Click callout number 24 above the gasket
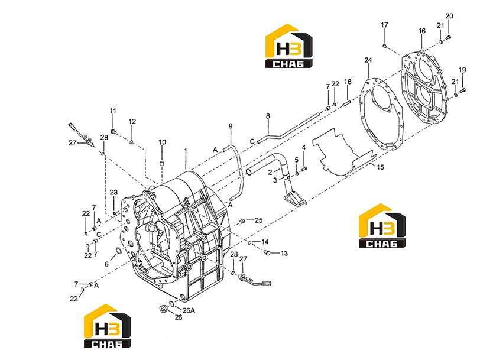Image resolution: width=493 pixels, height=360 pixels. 368,60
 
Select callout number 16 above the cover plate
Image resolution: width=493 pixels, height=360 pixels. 422,31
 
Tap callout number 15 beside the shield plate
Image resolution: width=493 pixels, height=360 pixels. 381,167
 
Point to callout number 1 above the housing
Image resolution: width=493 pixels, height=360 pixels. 186,151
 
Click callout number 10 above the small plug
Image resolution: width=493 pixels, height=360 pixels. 162,142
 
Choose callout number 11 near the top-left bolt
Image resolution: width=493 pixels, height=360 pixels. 113,111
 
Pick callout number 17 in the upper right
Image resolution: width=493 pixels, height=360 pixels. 384,25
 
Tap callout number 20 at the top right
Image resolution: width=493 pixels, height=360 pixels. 449,16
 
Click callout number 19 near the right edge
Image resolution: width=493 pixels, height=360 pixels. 462,70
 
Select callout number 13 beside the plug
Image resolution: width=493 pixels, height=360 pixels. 284,253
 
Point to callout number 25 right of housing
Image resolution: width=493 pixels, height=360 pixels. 258,220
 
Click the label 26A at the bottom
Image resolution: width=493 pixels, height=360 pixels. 189,310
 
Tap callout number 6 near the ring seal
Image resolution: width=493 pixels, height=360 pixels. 106,264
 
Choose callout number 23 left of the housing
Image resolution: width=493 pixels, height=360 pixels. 113,193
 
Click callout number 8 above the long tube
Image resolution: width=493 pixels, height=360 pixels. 268,116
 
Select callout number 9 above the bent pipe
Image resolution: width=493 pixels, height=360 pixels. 231,126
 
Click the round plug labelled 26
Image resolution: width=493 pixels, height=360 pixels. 163,309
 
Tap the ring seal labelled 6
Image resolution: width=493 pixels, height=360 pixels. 119,251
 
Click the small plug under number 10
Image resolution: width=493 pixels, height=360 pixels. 162,164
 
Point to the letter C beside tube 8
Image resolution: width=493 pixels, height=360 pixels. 252,142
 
